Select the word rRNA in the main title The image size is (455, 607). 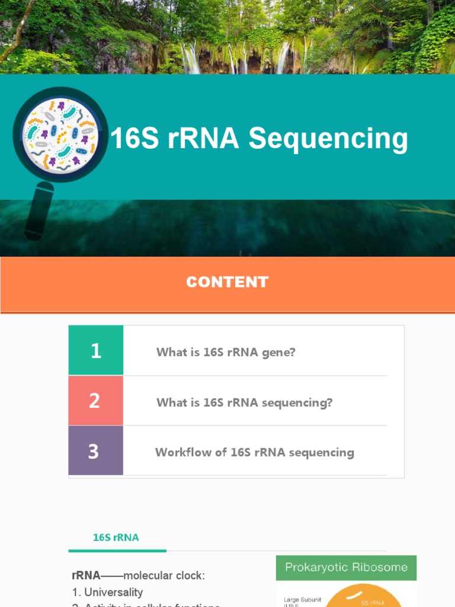203,139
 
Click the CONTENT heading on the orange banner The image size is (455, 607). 227,282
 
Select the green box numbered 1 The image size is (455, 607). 96,350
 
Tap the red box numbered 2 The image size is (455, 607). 96,401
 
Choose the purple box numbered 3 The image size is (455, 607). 96,451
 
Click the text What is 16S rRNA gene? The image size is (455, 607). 226,352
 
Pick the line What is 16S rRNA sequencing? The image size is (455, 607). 244,402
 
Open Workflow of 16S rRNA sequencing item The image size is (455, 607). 255,452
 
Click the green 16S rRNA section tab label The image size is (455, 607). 116,538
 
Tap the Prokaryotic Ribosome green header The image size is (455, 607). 346,567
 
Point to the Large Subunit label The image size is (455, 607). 303,600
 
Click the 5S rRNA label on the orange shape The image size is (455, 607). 373,602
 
